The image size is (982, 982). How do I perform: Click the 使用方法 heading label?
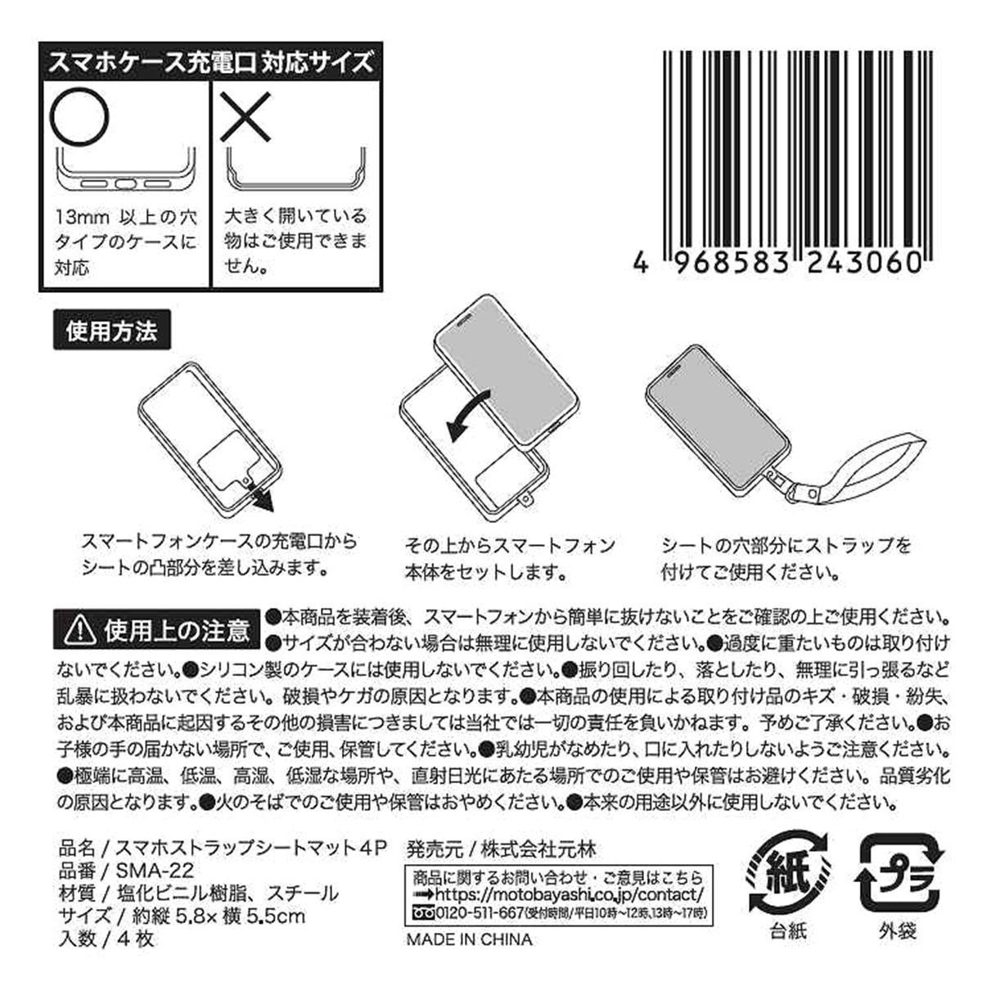pyautogui.click(x=111, y=332)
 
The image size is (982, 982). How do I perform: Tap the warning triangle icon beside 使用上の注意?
pyautogui.click(x=79, y=629)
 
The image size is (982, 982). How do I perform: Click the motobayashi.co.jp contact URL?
pyautogui.click(x=561, y=894)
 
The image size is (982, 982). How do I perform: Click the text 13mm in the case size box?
pyautogui.click(x=80, y=219)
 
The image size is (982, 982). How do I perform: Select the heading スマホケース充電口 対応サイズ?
pyautogui.click(x=211, y=61)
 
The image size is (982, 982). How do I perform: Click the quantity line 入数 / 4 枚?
pyautogui.click(x=106, y=939)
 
